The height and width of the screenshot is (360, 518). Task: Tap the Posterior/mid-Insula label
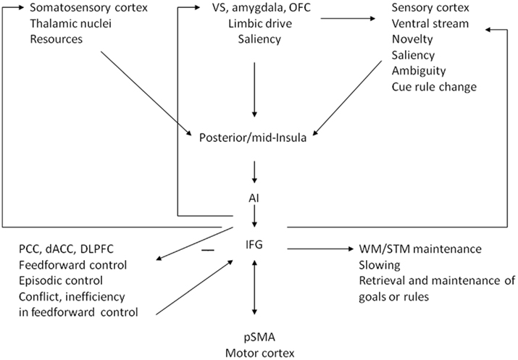pos(253,138)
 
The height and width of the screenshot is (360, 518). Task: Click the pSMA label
pos(254,337)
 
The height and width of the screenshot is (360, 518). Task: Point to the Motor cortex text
pos(254,352)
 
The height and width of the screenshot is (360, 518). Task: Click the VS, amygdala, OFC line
pos(254,9)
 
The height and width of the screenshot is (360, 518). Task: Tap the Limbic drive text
pos(254,23)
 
